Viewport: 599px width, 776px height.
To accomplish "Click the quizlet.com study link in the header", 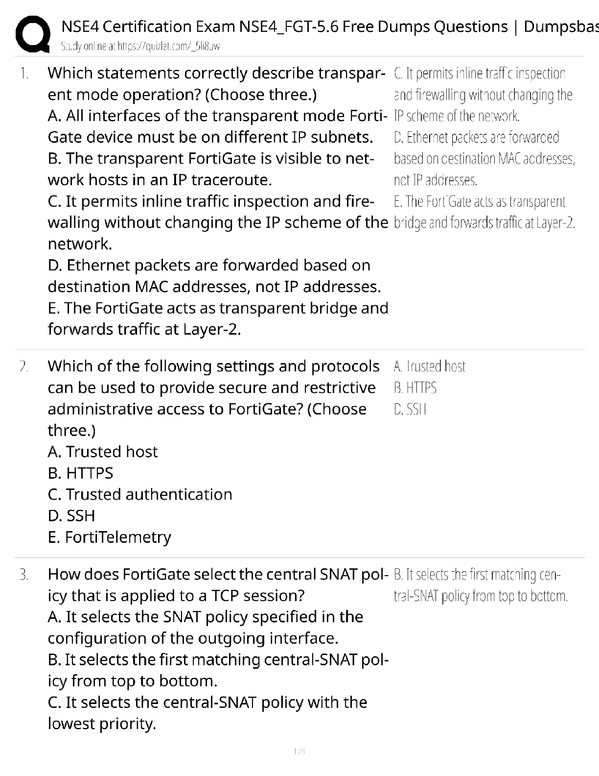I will pos(140,47).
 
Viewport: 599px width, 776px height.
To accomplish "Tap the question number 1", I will pos(24,73).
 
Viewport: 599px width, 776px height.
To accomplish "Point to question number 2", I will pos(24,366).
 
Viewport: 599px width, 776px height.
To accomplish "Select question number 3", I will pos(24,574).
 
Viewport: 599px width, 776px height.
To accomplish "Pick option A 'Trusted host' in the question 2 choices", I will pos(103,452).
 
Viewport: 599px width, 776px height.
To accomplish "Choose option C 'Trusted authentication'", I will pos(140,494).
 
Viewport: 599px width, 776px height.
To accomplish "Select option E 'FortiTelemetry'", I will pos(110,537).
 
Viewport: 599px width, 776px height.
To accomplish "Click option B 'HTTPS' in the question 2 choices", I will pos(80,473).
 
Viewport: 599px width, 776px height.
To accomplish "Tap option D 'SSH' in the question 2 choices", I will pos(71,516).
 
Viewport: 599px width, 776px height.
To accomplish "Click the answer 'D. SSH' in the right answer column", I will pos(410,410).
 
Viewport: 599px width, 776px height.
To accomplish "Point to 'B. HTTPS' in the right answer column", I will pos(415,388).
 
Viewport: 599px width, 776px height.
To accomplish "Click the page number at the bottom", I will pos(299,751).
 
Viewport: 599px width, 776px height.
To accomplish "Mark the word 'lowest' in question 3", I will pos(71,724).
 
